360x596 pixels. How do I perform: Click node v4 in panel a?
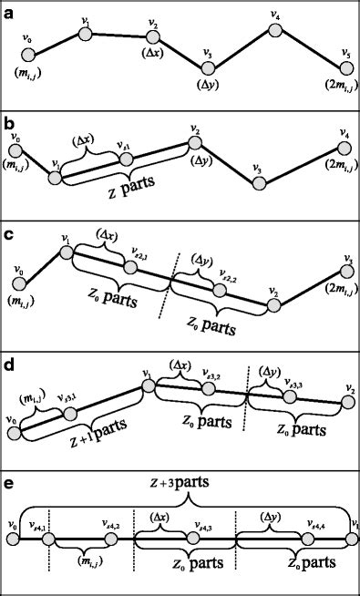tap(274, 29)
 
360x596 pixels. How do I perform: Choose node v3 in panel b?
tap(258, 183)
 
